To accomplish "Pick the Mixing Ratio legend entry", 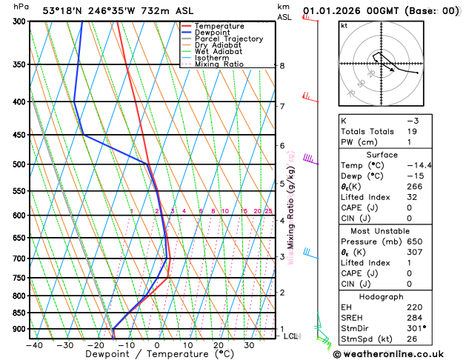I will click(219, 64).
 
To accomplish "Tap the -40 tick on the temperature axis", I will click(33, 344).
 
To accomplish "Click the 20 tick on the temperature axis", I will click(219, 344).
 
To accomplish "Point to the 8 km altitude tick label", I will click(282, 66).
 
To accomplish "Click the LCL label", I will click(290, 336).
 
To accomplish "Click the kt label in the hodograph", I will click(344, 26).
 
